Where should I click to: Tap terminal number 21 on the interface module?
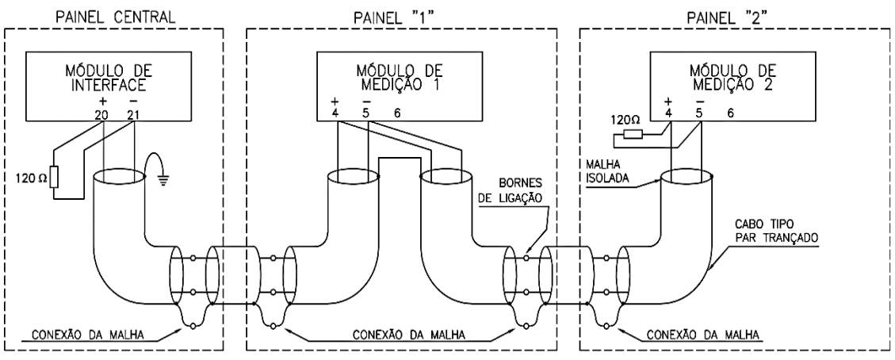134,116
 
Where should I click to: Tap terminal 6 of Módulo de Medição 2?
729,114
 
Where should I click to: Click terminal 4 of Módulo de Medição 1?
335,114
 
